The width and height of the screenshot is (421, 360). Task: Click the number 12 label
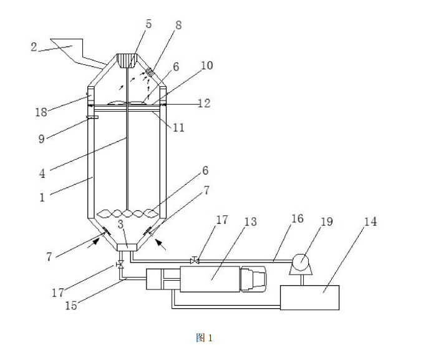(203, 104)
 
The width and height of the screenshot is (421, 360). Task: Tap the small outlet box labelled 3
(127, 248)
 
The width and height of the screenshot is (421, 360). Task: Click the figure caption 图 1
(205, 338)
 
